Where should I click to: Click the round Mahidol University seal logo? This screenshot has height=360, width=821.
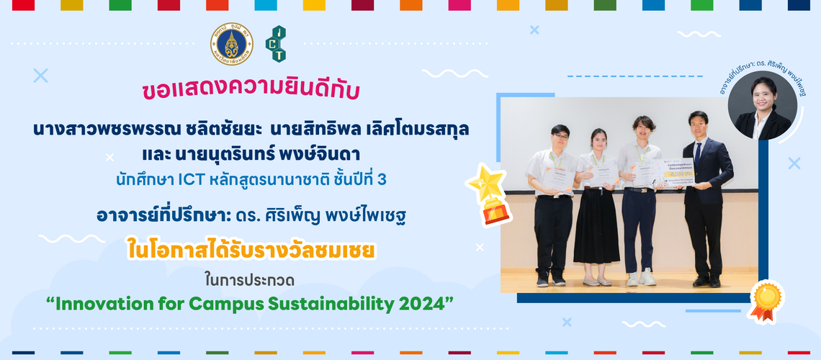(x=231, y=44)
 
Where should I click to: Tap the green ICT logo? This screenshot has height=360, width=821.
(x=276, y=44)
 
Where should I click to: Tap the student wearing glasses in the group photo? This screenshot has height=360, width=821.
(x=555, y=202)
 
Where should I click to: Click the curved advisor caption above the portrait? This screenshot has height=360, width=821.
(x=763, y=75)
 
